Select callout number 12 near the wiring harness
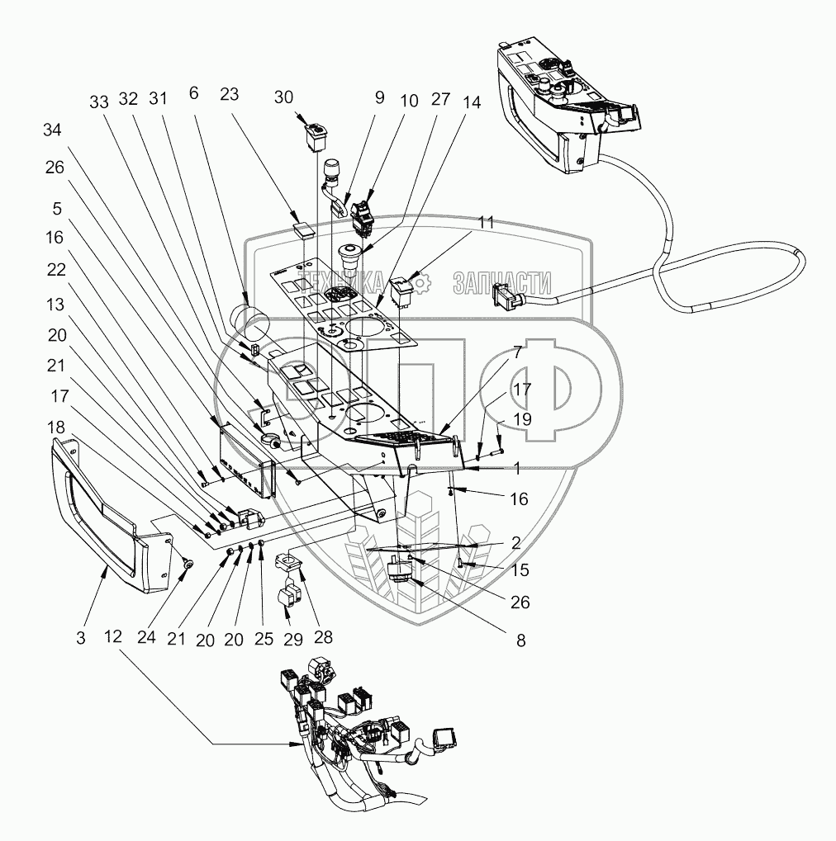coord(113,638)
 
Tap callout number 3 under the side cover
coord(80,638)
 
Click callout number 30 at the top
coord(284,97)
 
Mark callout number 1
coord(516,468)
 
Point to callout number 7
coord(516,352)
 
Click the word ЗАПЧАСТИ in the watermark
coord(501,284)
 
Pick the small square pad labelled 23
coord(304,227)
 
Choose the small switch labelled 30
coord(315,135)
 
